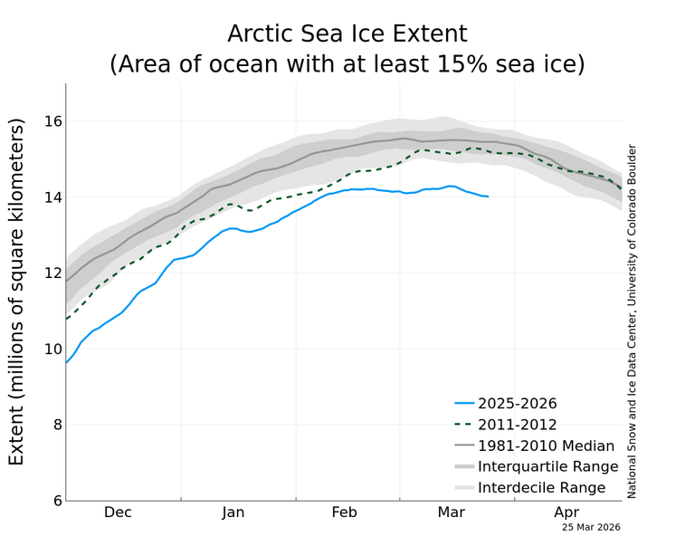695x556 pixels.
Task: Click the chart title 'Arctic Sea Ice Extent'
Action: click(x=347, y=34)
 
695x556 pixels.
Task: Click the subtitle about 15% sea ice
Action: click(x=347, y=64)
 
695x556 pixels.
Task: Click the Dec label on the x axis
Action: click(x=118, y=513)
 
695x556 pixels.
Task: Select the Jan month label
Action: click(x=233, y=513)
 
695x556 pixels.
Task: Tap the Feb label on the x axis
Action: click(x=344, y=513)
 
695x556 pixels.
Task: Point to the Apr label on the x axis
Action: click(x=566, y=513)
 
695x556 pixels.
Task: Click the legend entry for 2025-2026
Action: click(x=518, y=403)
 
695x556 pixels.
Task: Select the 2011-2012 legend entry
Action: click(x=518, y=424)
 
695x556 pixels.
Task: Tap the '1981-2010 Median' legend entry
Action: click(x=546, y=446)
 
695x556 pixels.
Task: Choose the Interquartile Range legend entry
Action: click(x=547, y=466)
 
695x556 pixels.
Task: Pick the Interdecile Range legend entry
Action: click(x=541, y=488)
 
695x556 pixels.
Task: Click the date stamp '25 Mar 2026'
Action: click(x=591, y=527)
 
